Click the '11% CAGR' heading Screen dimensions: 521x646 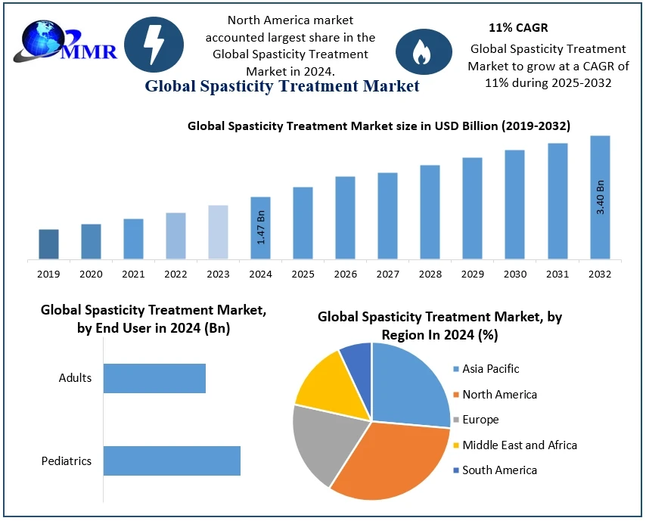click(x=518, y=28)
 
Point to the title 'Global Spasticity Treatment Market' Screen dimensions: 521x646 click(x=281, y=86)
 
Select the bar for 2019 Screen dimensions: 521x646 click(x=48, y=244)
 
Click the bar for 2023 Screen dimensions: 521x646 click(x=218, y=232)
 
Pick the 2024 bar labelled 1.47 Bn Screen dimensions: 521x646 click(x=260, y=228)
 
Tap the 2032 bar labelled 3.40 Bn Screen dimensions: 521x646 click(x=600, y=197)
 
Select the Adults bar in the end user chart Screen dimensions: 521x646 click(x=154, y=378)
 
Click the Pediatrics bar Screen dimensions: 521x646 click(x=172, y=461)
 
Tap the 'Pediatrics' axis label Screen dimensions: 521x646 click(x=67, y=461)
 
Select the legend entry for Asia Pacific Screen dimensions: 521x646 click(x=491, y=369)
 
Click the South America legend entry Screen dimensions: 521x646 click(x=499, y=470)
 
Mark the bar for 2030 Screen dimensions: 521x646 click(x=515, y=205)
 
